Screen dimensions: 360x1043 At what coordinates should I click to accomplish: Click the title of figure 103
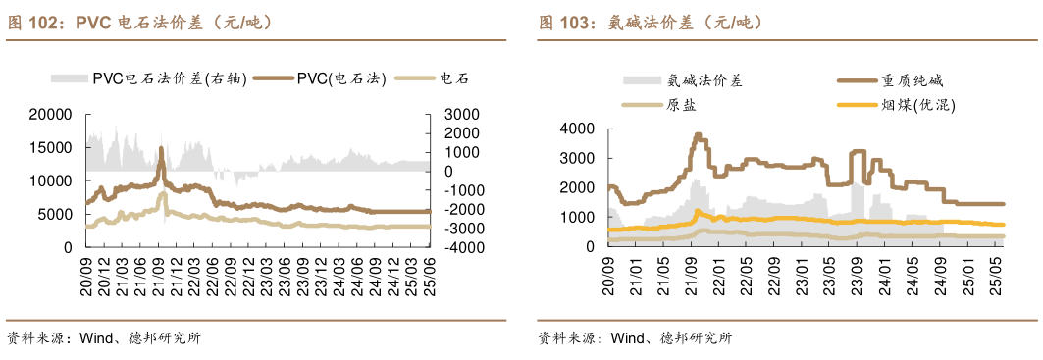[x=650, y=22]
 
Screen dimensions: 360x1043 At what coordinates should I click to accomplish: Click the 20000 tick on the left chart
[x=52, y=115]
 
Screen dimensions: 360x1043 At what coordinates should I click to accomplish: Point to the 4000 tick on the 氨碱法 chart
[x=578, y=129]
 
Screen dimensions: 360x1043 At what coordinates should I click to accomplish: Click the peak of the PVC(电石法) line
[x=161, y=148]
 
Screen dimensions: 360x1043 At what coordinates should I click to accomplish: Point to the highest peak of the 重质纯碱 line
[x=698, y=134]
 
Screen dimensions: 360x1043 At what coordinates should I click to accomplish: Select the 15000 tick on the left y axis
[x=52, y=148]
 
